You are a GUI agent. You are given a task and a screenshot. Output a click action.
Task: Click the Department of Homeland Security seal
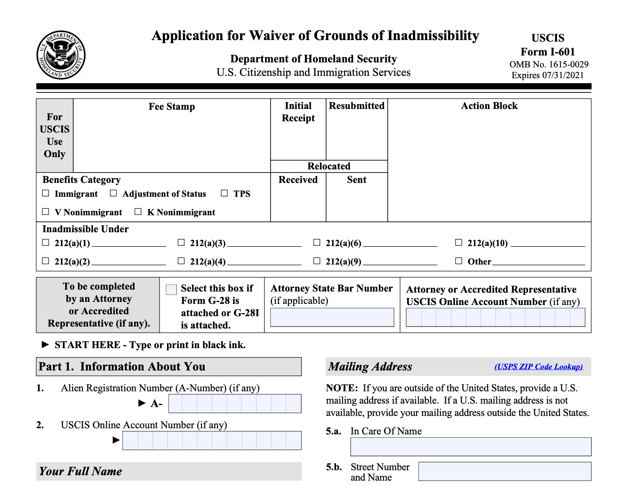point(61,55)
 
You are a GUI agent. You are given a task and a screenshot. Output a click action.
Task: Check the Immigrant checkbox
point(45,193)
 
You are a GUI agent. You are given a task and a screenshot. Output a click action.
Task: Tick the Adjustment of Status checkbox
point(113,193)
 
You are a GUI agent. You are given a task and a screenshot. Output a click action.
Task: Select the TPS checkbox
point(224,193)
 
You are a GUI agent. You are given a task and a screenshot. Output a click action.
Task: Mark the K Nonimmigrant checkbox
point(138,211)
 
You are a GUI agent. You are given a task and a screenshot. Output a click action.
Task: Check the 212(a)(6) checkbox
point(317,242)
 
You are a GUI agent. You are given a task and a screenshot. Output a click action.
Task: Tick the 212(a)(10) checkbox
point(459,242)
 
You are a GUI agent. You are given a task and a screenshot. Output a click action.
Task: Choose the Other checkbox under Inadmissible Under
point(459,261)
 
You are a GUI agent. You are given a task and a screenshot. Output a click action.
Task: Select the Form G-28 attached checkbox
point(171,289)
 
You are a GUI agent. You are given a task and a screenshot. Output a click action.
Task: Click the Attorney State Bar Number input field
point(332,317)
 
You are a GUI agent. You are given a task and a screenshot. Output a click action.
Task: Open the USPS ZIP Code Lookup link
point(538,367)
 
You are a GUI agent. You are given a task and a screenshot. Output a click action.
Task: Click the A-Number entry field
point(235,404)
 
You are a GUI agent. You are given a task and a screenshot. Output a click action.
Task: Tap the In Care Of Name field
point(471,447)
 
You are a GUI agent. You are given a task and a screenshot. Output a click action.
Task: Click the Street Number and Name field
point(505,471)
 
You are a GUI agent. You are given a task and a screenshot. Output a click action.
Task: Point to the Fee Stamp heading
point(172,107)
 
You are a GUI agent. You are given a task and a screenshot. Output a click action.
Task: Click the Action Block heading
point(489,106)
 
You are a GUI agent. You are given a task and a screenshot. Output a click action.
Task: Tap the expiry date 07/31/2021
point(563,75)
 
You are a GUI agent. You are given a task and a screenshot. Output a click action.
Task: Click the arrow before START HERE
point(45,344)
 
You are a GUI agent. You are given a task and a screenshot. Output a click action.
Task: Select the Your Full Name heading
point(81,471)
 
